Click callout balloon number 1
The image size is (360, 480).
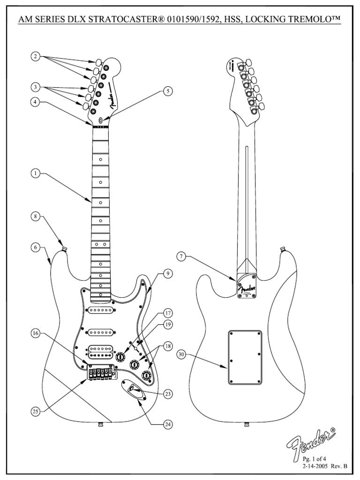[35, 173]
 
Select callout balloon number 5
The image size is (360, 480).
[167, 91]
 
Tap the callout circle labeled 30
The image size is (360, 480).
[181, 355]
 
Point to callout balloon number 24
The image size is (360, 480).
[167, 424]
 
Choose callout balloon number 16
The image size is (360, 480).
[36, 333]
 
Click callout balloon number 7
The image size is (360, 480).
[181, 256]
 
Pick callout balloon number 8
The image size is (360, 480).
[35, 217]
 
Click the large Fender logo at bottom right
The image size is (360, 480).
[312, 442]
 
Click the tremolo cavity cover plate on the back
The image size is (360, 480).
[245, 357]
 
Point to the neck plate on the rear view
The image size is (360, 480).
[247, 286]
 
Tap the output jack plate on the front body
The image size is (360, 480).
[133, 389]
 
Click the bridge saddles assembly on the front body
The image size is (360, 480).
[100, 373]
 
